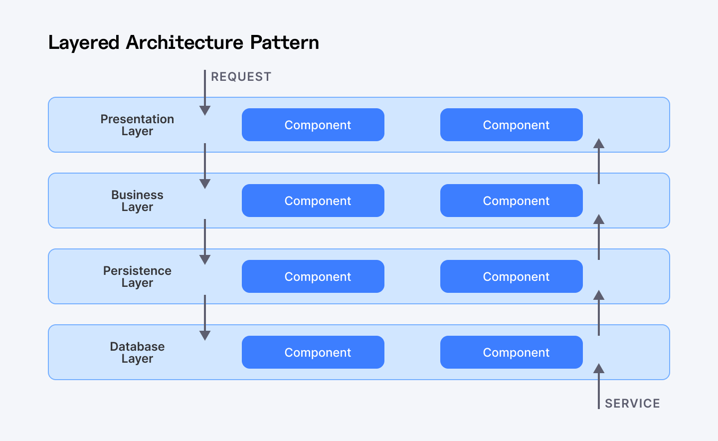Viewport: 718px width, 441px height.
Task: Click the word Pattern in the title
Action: point(284,42)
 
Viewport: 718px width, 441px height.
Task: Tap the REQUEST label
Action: point(241,77)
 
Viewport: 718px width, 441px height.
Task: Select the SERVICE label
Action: point(632,403)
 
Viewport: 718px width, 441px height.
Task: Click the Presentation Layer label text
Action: point(137,125)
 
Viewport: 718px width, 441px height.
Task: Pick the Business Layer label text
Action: point(137,201)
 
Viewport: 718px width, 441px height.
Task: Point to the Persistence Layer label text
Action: point(137,277)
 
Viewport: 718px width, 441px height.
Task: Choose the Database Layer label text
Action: point(137,353)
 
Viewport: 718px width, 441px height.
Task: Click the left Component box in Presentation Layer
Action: point(313,125)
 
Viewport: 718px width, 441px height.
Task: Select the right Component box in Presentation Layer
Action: point(511,125)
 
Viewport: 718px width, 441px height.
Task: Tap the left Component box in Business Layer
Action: point(313,201)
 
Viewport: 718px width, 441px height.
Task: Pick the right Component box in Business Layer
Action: point(511,201)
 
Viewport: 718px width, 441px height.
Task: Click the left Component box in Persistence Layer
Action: point(313,276)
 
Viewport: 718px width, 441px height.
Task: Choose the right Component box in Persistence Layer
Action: point(511,276)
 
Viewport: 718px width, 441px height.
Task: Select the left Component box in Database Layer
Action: point(313,352)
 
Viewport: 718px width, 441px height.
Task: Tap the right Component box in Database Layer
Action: point(511,352)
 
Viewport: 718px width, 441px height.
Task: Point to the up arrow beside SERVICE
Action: point(599,386)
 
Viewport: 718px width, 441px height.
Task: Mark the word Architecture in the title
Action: point(184,42)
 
